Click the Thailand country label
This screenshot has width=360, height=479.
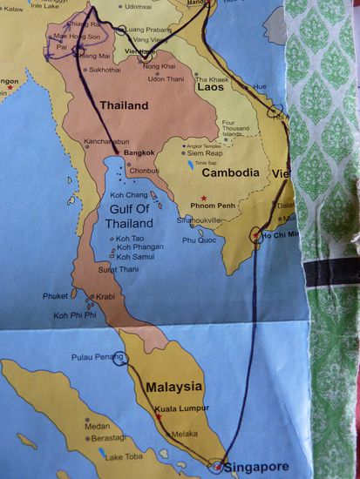point(124,105)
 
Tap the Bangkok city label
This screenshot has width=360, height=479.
point(139,153)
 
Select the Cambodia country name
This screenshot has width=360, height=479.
point(229,172)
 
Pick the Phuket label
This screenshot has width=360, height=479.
point(55,296)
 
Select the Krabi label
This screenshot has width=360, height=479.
point(105,296)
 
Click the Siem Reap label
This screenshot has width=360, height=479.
point(211,152)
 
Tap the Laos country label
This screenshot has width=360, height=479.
point(209,87)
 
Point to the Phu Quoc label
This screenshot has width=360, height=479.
point(198,239)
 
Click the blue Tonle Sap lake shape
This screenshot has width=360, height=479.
point(191,164)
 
